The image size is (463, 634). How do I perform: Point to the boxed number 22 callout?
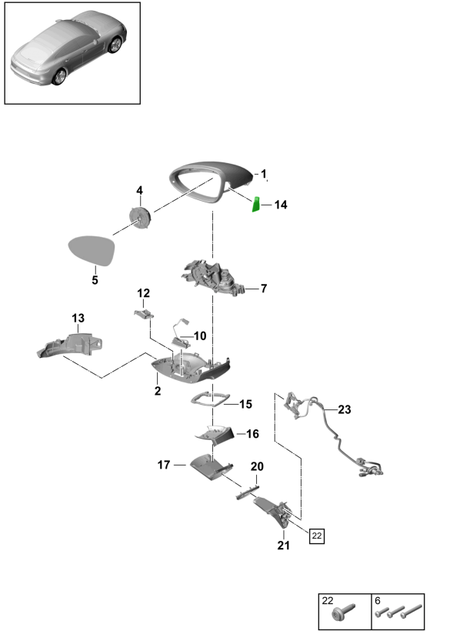click(x=317, y=536)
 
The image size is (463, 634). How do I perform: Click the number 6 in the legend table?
click(x=378, y=599)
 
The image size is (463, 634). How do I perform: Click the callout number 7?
click(x=263, y=289)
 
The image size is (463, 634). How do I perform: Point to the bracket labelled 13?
click(x=71, y=343)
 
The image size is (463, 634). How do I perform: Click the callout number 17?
click(x=164, y=464)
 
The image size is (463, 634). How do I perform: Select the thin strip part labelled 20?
click(x=248, y=490)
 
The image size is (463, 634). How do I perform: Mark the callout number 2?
click(x=157, y=392)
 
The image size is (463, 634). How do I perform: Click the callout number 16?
click(x=252, y=434)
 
